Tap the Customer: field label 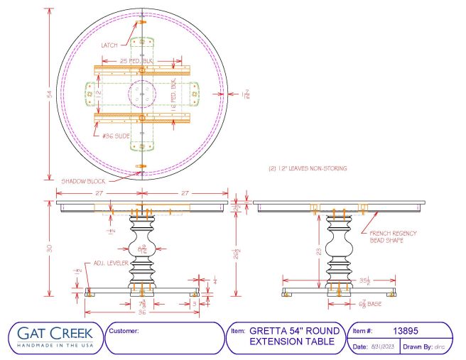tap(125, 331)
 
